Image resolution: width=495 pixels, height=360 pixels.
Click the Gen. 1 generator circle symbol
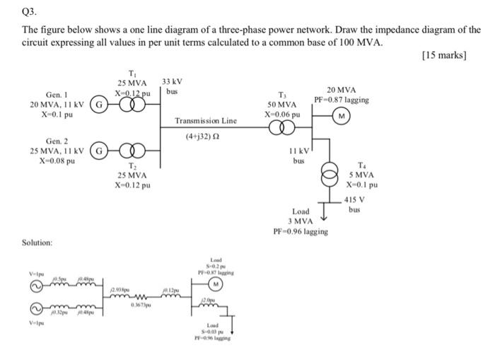pos(103,105)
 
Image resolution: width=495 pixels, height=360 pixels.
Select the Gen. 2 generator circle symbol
pos(103,150)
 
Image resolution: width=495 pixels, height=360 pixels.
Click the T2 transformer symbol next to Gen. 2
pos(132,150)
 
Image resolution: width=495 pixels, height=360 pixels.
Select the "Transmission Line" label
pos(205,121)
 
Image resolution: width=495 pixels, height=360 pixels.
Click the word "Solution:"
pos(38,243)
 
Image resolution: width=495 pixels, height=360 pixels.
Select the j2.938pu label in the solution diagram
pos(120,290)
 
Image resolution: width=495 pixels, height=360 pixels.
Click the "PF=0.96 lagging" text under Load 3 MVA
pos(301,231)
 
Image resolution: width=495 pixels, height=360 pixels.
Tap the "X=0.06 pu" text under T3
pos(283,113)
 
